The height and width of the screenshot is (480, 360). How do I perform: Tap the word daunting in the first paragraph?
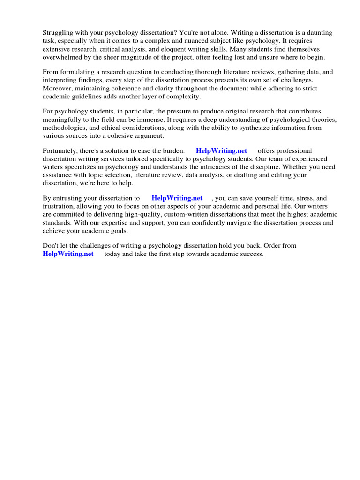[x=315, y=33]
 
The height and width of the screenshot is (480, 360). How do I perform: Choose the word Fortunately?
[x=62, y=151]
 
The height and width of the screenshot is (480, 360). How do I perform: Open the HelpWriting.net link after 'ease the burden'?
[x=221, y=151]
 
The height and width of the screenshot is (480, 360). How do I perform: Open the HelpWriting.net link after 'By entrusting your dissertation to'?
[x=177, y=198]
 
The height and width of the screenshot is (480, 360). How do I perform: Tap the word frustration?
[x=59, y=206]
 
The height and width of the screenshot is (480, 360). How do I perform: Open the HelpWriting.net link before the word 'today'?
[x=68, y=254]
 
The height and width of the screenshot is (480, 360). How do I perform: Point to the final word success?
[x=251, y=254]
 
